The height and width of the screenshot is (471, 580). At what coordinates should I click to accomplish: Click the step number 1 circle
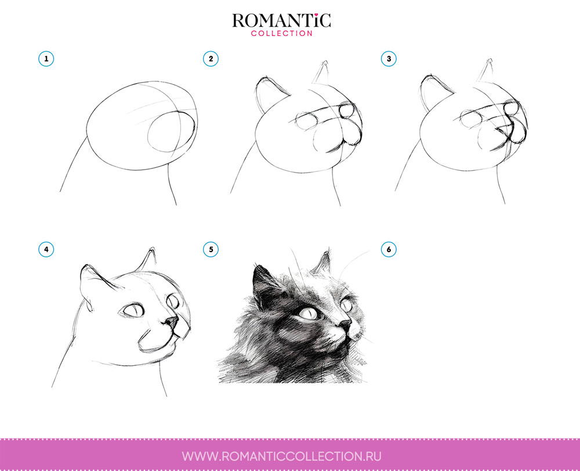pyautogui.click(x=46, y=59)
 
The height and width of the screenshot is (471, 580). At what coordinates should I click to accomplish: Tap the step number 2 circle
pyautogui.click(x=211, y=59)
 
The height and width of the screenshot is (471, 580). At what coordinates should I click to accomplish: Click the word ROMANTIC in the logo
pyautogui.click(x=281, y=21)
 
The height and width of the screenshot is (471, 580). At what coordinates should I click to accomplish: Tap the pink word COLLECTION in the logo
pyautogui.click(x=281, y=34)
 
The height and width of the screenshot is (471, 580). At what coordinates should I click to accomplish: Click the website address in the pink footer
pyautogui.click(x=282, y=456)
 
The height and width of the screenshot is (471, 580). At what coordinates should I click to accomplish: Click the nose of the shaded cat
pyautogui.click(x=345, y=323)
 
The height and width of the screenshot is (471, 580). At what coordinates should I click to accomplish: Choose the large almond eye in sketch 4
pyautogui.click(x=133, y=311)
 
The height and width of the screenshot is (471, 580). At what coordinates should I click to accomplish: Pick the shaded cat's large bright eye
pyautogui.click(x=308, y=314)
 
